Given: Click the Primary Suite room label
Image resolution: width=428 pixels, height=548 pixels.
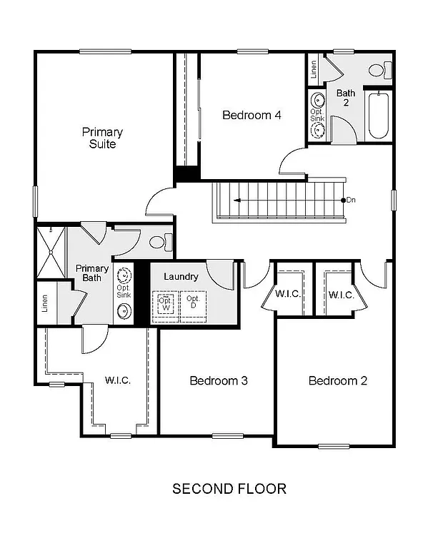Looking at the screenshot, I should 102,138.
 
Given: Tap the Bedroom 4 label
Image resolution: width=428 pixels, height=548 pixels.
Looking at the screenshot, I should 246,115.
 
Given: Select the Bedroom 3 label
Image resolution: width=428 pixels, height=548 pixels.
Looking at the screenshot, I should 218,380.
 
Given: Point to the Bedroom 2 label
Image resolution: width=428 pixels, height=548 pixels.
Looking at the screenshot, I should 337,380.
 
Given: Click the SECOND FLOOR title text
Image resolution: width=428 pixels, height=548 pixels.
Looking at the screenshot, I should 229,489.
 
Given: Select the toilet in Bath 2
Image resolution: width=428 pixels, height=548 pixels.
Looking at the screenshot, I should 379,71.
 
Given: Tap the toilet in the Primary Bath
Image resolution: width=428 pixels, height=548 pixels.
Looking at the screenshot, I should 159,242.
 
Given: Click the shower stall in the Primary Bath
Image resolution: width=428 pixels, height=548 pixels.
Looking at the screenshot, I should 49,251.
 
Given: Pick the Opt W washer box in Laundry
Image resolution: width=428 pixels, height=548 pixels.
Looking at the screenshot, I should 164,303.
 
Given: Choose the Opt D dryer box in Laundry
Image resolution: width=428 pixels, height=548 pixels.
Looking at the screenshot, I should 193,303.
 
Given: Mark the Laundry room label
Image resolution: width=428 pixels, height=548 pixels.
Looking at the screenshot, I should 180,276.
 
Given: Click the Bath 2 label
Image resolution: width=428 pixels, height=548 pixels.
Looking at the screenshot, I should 346,98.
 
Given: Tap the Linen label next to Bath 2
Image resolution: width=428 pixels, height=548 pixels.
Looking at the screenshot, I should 314,69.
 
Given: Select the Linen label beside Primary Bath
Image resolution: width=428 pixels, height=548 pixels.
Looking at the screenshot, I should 45,303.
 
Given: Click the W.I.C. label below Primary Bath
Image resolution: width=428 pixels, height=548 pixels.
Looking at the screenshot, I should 118,380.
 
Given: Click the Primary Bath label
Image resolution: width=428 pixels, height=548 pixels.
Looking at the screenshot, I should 92,273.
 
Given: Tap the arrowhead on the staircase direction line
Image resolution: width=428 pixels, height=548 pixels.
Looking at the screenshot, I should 235,201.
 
